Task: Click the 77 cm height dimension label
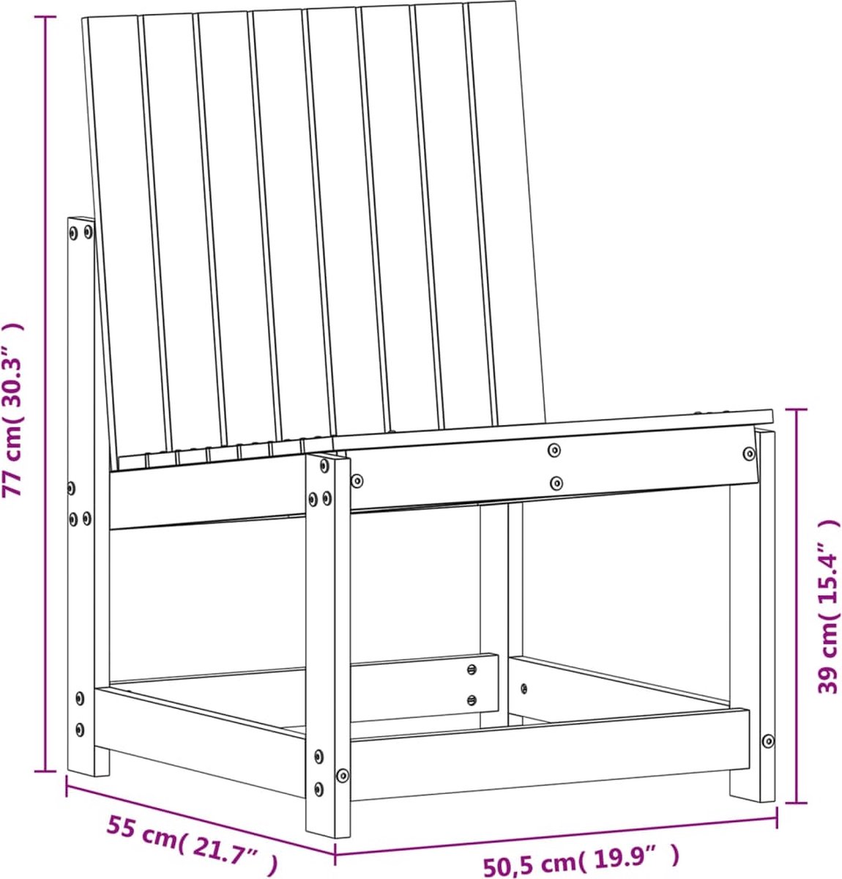[12, 409]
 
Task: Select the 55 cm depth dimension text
[191, 841]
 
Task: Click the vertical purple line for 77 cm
[45, 394]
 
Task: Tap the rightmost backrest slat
[506, 212]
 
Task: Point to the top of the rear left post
[81, 219]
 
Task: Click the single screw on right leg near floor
[767, 741]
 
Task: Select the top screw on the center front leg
[324, 466]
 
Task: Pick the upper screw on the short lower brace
[472, 670]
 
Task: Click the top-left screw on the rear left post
[73, 233]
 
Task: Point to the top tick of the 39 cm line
[797, 409]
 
